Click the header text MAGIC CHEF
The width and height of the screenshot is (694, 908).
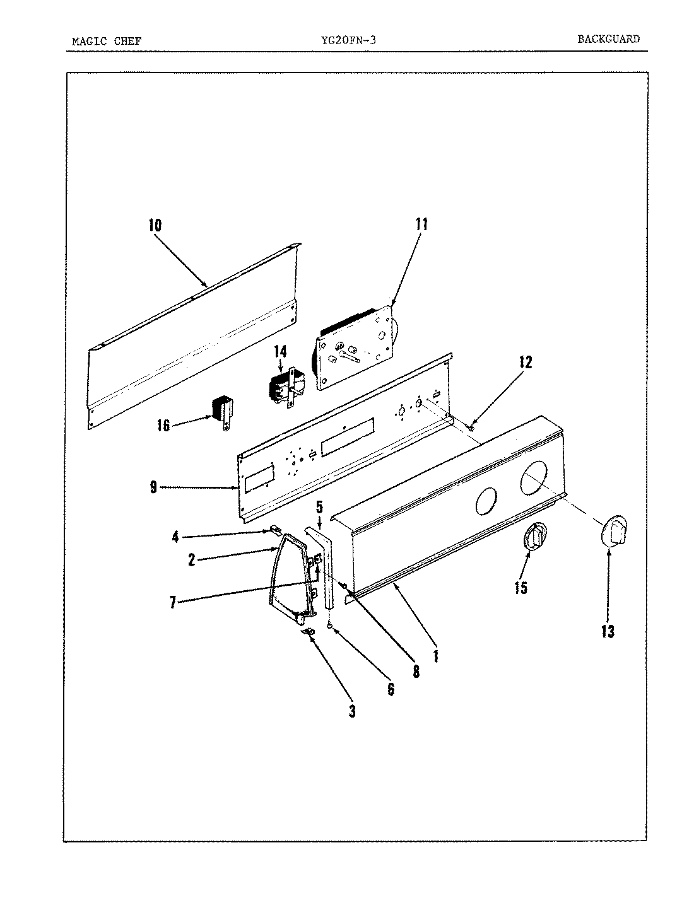[x=107, y=42]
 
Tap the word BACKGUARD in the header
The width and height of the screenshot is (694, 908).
[x=608, y=39]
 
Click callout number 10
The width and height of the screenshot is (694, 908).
[x=155, y=225]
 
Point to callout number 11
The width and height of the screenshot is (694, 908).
[x=421, y=224]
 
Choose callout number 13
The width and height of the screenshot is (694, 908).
[x=608, y=631]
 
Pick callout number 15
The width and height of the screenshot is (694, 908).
[x=520, y=588]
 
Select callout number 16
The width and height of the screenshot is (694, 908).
[x=163, y=426]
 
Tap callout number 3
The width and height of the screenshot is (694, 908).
[x=352, y=711]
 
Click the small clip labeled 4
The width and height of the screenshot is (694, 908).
[x=275, y=529]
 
